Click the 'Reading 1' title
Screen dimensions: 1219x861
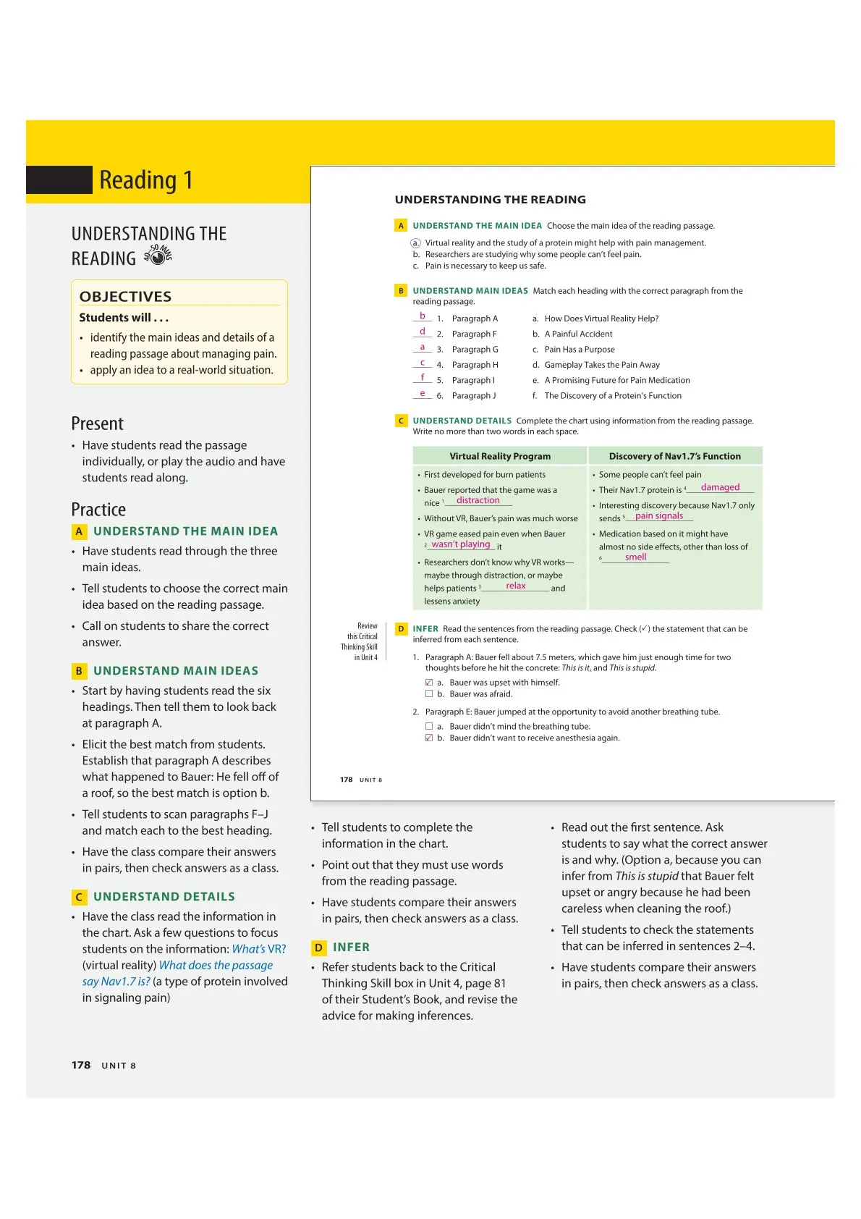tap(145, 180)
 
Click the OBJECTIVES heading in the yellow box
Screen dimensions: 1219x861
tap(125, 296)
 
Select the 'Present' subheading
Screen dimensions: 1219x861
tap(97, 423)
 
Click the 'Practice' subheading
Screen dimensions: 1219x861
tap(98, 509)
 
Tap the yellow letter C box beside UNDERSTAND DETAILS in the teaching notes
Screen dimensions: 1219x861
tap(79, 897)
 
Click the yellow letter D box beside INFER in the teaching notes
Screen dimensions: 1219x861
tap(318, 948)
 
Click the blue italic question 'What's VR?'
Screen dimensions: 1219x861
tap(258, 949)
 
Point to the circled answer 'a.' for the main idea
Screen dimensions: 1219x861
tap(415, 243)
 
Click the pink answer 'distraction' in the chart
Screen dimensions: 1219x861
tap(478, 500)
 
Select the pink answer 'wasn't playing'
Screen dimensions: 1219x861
tap(461, 544)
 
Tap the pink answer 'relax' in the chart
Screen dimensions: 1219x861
tap(516, 586)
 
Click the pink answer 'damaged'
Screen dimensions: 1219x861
tap(720, 487)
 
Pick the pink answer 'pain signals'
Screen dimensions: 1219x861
tap(658, 516)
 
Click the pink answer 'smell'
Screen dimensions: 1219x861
tap(635, 557)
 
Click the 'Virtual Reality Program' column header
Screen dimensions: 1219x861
tap(500, 456)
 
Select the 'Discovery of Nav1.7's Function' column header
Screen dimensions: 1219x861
tap(674, 456)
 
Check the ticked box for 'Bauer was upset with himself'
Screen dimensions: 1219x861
tap(429, 683)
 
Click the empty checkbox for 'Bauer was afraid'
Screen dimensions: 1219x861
tap(429, 694)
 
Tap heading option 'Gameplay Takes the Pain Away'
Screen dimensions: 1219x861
tap(601, 365)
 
